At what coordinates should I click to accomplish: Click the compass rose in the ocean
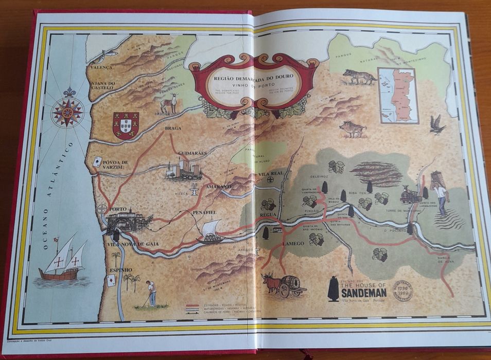tap(67, 112)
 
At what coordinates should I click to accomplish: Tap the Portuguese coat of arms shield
tap(126, 125)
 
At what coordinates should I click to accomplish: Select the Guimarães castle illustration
tap(184, 169)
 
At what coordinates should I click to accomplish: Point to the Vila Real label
tap(271, 175)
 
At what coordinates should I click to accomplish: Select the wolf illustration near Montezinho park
tap(360, 77)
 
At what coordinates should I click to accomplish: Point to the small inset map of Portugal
tap(397, 95)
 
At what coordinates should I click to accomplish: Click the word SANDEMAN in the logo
tap(363, 293)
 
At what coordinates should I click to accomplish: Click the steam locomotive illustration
tap(412, 194)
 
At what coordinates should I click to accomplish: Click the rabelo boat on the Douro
tap(211, 232)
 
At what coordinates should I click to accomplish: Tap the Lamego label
tap(292, 244)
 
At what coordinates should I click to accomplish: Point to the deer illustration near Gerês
tap(169, 103)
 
